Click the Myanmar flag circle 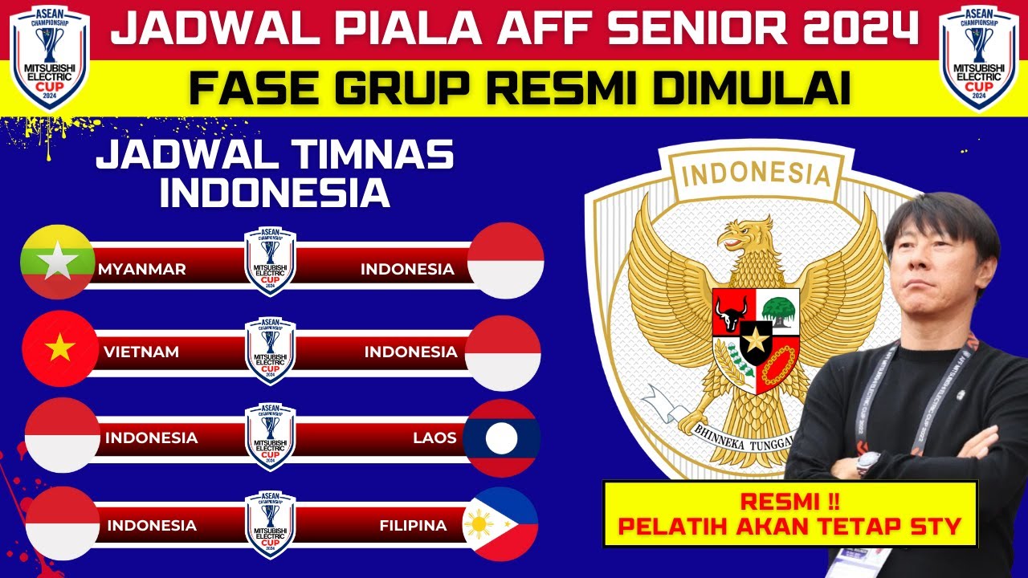(59, 261)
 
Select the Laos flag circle (502, 438)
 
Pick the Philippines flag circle (500, 524)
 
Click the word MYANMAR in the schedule (142, 270)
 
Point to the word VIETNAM (141, 352)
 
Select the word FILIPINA (413, 526)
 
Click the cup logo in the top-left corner (50, 58)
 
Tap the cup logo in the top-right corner (978, 58)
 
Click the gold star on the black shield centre (755, 341)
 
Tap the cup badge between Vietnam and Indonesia (270, 351)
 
